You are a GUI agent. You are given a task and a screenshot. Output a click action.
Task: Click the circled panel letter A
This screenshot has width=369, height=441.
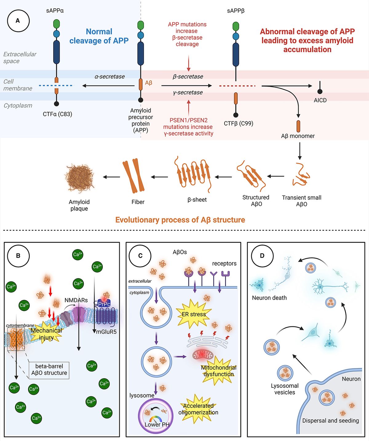click(x=18, y=21)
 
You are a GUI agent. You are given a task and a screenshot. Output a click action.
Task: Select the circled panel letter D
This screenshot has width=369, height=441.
click(x=262, y=256)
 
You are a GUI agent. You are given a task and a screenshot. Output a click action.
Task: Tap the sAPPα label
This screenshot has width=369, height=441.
click(x=55, y=10)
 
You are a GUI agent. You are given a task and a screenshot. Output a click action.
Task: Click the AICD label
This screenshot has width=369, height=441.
click(x=320, y=100)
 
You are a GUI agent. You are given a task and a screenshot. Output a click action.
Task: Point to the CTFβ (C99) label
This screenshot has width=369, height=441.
click(x=238, y=123)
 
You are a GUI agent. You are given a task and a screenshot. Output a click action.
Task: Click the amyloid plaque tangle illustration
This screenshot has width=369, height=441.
click(x=79, y=178)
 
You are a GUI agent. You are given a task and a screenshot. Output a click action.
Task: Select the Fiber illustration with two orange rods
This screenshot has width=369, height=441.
click(x=133, y=176)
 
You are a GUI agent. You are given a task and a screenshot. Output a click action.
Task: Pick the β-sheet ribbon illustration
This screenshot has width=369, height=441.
click(x=193, y=173)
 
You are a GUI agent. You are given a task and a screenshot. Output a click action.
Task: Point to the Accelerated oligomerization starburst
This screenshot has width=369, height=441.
click(x=198, y=409)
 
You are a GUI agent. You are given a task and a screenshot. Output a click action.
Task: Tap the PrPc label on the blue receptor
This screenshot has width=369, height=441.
click(x=104, y=304)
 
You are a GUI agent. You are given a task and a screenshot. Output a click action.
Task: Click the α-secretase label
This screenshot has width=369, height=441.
click(x=110, y=77)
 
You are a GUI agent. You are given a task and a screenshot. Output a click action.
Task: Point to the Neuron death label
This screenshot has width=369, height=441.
click(x=269, y=298)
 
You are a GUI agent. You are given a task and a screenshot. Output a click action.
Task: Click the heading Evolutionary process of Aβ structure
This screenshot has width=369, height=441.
click(x=180, y=220)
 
